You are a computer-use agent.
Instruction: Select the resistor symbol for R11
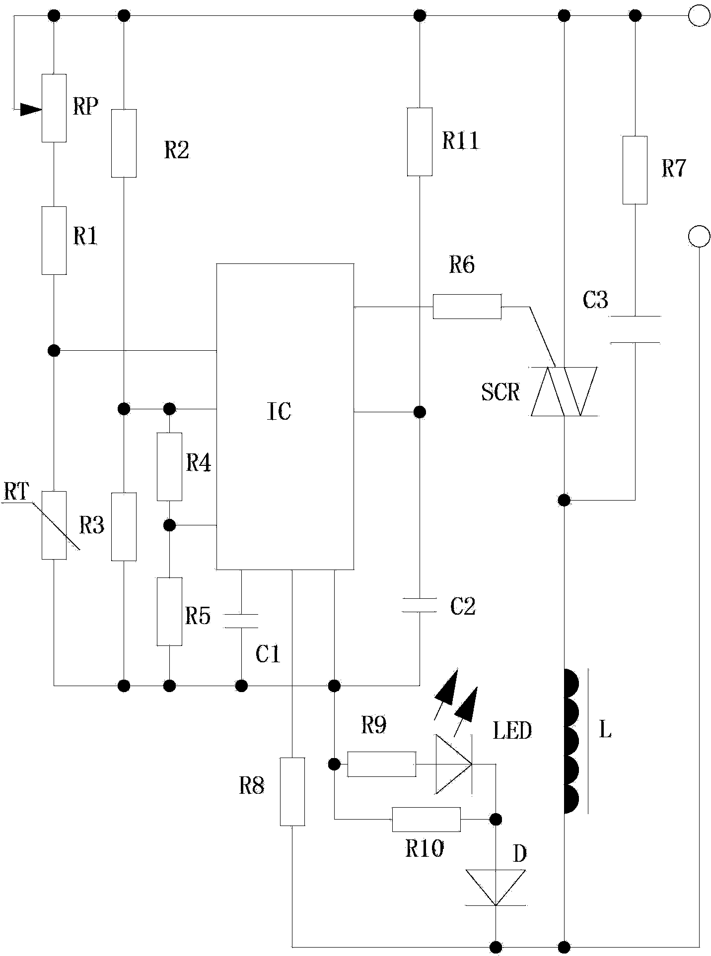[x=420, y=141]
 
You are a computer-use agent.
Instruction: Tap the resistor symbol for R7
[x=635, y=170]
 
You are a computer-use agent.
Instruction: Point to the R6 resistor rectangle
[x=467, y=307]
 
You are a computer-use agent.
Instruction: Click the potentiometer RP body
[x=54, y=108]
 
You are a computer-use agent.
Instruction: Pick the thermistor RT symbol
[x=54, y=525]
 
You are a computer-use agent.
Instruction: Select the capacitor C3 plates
[x=635, y=329]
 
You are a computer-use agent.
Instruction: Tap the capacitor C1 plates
[x=241, y=621]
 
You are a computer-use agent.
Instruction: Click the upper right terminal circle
[x=699, y=16]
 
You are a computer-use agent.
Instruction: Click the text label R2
[x=177, y=150]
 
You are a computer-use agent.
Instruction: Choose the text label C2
[x=463, y=606]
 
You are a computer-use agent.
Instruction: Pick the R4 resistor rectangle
[x=169, y=466]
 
